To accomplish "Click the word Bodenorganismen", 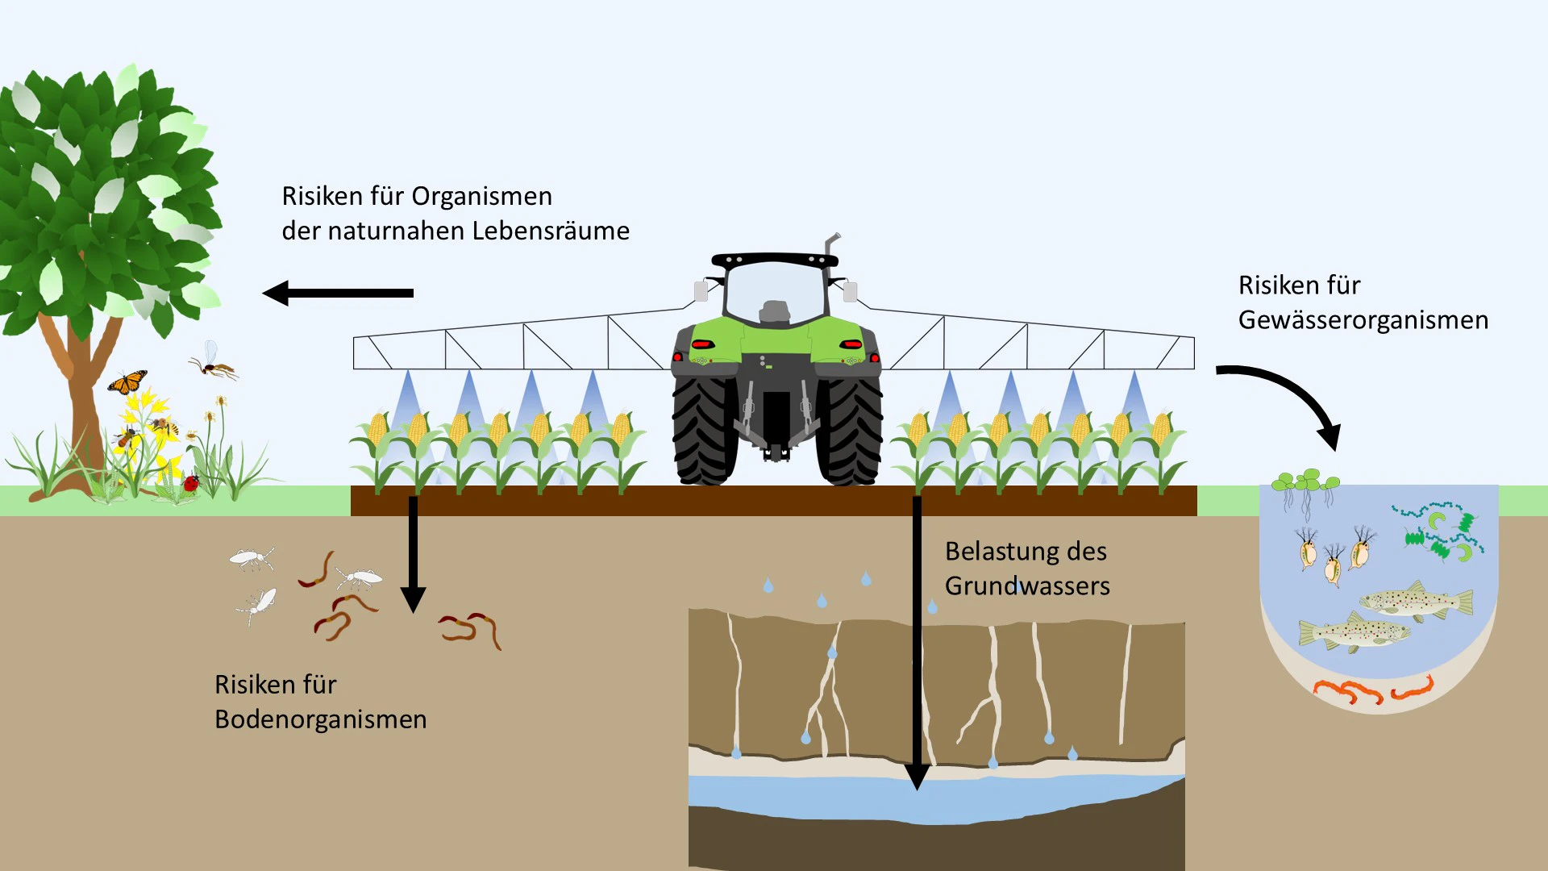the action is click(x=320, y=719).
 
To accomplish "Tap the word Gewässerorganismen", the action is click(x=1363, y=320).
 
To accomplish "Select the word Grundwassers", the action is click(x=1027, y=586).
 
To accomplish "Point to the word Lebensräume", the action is click(x=551, y=231).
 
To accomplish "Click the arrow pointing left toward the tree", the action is click(x=338, y=293).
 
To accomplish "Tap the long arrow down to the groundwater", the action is click(x=917, y=643).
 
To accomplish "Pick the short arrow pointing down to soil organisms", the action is click(x=413, y=554).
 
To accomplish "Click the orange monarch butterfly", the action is click(x=127, y=381).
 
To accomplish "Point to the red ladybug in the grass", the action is click(x=191, y=483).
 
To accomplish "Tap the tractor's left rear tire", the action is click(x=704, y=431).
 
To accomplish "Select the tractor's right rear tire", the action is click(x=850, y=431).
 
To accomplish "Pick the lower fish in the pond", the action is click(x=1354, y=631).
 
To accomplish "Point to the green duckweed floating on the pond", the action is click(x=1305, y=482).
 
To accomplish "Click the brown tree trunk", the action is click(x=81, y=403).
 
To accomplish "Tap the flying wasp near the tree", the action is click(x=214, y=363).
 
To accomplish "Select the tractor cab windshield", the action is click(x=775, y=292).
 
